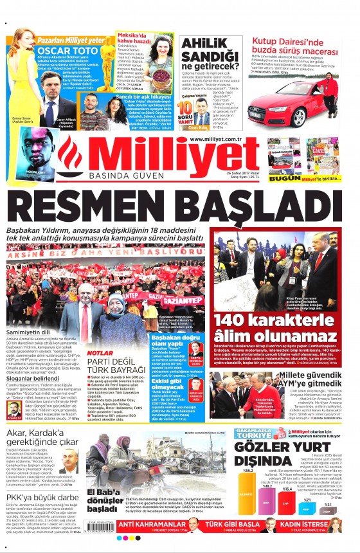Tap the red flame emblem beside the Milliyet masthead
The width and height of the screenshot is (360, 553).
point(71,156)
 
